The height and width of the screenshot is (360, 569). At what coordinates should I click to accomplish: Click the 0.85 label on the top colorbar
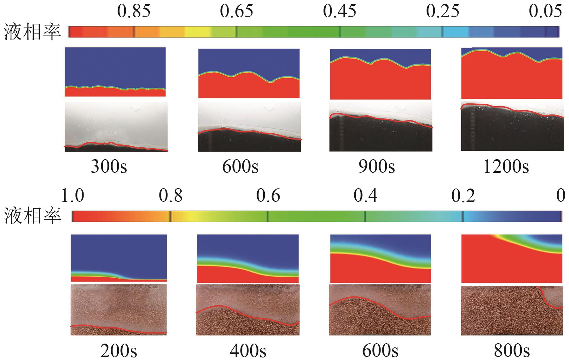134,12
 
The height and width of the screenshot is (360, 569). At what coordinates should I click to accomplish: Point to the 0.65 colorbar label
236,12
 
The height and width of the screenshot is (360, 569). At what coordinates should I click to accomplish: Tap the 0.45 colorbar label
340,12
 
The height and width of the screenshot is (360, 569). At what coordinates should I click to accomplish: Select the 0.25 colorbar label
443,12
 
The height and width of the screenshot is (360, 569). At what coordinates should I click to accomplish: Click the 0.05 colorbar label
545,12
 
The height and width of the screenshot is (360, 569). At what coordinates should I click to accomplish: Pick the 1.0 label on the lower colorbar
73,195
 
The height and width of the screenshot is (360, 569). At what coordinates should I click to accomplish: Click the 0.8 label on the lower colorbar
171,195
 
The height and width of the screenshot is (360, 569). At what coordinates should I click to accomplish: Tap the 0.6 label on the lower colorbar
268,195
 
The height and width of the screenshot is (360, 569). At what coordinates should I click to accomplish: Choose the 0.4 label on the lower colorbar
365,195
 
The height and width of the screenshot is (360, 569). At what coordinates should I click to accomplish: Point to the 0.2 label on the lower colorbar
463,195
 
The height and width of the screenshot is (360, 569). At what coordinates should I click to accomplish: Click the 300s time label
109,166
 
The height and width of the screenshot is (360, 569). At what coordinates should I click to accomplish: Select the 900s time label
377,166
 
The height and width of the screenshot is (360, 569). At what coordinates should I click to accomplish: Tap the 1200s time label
506,166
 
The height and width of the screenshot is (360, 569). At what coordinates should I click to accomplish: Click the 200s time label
119,351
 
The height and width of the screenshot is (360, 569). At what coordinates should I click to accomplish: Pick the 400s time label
248,351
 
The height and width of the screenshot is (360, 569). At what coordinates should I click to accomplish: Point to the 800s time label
512,351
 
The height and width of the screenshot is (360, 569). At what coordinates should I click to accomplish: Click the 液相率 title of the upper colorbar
32,32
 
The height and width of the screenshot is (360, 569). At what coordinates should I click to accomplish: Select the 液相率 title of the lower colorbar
32,216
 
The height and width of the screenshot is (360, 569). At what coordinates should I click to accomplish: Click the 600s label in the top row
240,166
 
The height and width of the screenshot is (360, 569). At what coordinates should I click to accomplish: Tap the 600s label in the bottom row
380,351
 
